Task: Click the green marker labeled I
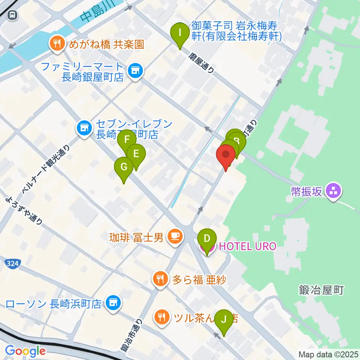coord(180,33)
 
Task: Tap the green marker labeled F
coord(127,140)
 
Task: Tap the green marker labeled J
coord(224,319)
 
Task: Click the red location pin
coord(226,155)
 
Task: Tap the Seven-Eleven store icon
coord(84,128)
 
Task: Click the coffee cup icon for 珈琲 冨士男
coord(175,237)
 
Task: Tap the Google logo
coord(25,351)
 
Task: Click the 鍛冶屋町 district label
coord(321,290)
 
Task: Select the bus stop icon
coord(13,15)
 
